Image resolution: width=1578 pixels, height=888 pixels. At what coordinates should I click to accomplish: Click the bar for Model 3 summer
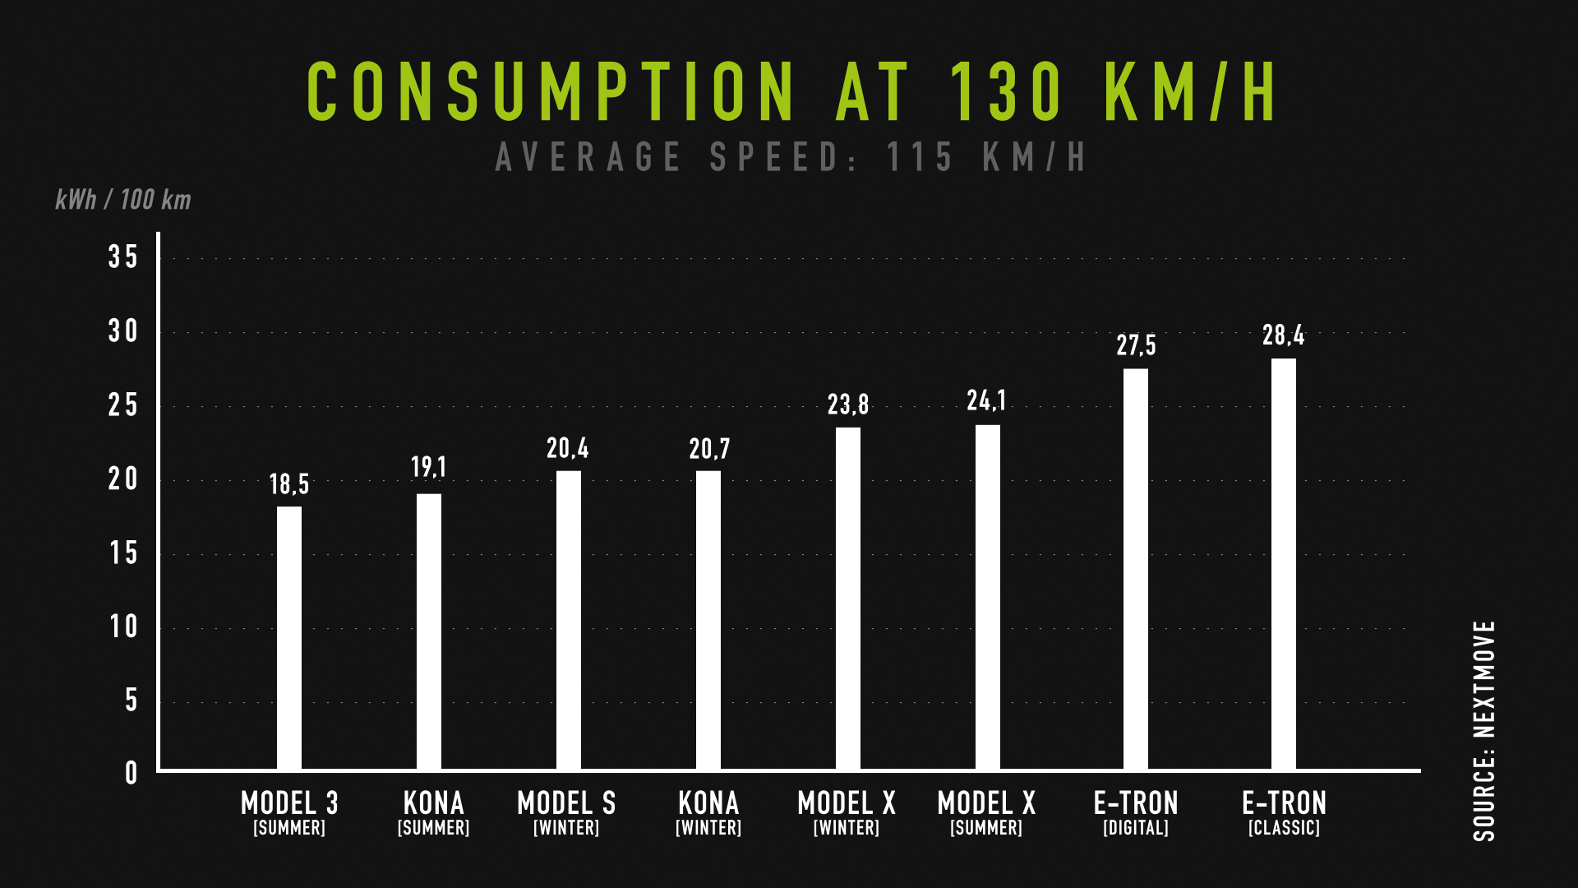point(289,638)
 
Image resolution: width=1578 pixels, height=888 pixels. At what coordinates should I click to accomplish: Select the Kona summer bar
point(429,631)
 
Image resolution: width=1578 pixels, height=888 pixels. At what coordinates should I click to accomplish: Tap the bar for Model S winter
point(569,620)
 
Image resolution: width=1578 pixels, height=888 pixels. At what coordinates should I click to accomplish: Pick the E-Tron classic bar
point(1284,564)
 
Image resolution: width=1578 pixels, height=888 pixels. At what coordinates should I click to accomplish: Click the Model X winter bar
point(848,599)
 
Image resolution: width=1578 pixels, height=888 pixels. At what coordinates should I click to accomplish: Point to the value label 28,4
point(1284,335)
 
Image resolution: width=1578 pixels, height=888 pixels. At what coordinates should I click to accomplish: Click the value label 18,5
point(289,484)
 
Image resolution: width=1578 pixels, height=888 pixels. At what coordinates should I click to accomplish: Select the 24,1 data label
point(987,400)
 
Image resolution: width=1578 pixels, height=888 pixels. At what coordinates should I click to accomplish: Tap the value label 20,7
point(709,449)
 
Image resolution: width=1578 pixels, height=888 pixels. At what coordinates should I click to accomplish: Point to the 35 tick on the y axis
point(123,257)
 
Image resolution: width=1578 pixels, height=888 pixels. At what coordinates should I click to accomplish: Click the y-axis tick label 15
point(123,553)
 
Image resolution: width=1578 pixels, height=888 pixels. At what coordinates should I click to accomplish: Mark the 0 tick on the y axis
point(131,773)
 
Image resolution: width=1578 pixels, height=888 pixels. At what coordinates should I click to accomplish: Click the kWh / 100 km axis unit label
point(123,200)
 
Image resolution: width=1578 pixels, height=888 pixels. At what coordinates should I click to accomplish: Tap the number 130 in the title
point(1007,91)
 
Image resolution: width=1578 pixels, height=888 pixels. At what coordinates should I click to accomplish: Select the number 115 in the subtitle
point(920,157)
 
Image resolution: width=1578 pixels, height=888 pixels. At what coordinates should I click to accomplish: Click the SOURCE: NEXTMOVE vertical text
point(1484,731)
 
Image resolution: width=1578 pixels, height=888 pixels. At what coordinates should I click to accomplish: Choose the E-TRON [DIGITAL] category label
point(1136,812)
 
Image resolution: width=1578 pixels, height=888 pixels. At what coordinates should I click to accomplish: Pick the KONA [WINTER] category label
point(708,812)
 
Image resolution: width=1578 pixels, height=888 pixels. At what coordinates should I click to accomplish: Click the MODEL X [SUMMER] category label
point(986,812)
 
